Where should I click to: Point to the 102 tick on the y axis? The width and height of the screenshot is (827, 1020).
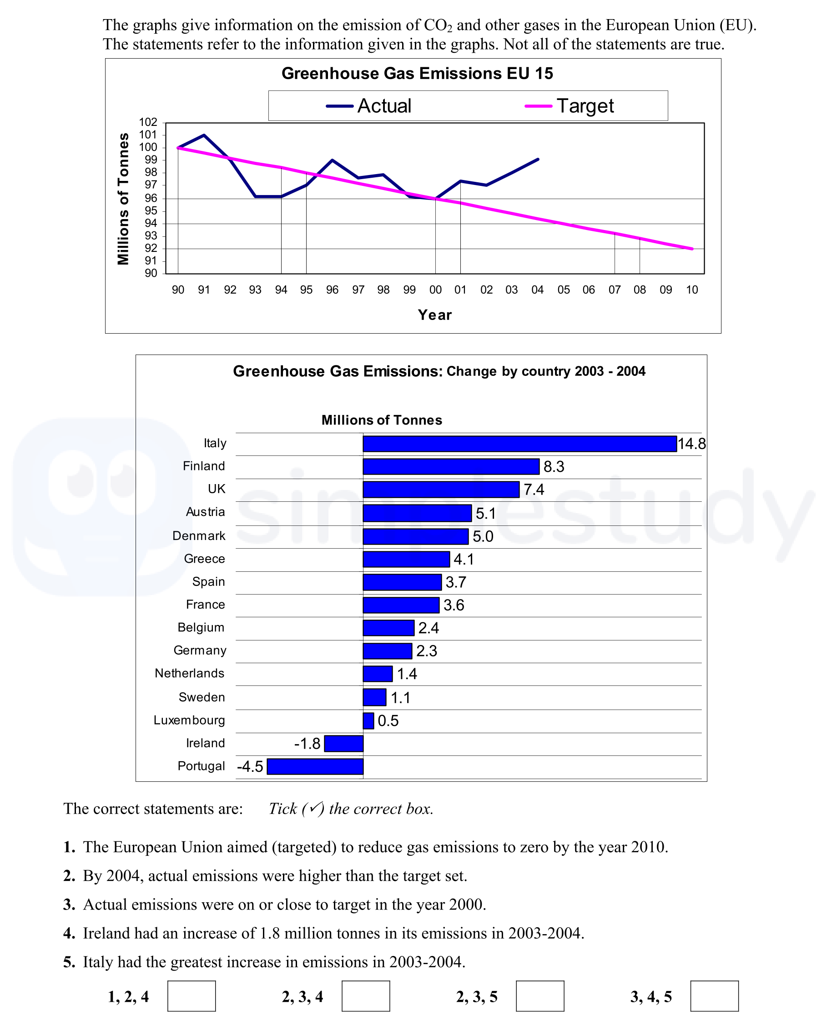coord(148,123)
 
